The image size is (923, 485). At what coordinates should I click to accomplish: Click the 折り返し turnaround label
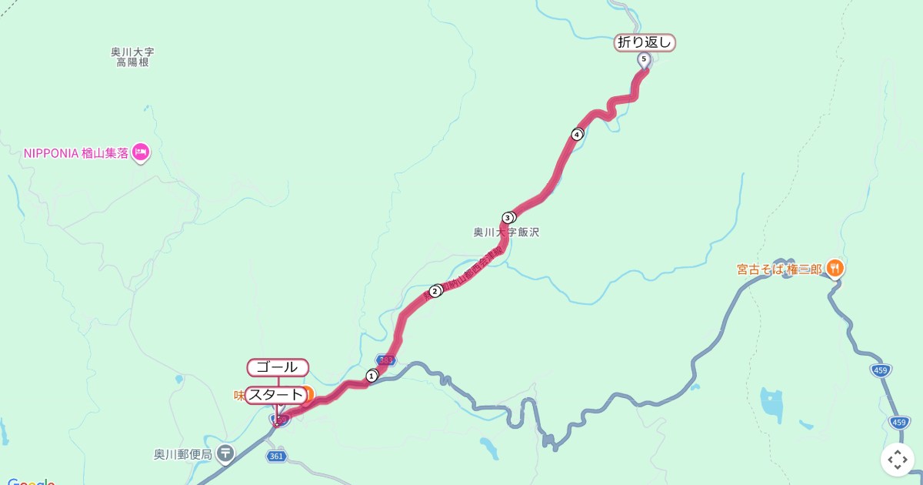645,43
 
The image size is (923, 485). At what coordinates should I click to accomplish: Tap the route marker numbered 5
644,59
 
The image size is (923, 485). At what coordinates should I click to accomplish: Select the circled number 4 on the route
577,135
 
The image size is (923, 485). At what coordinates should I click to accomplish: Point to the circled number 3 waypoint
508,218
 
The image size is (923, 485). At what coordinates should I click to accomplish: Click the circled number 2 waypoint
435,291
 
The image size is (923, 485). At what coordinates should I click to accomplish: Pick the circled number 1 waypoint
372,376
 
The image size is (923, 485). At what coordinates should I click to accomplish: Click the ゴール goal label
278,368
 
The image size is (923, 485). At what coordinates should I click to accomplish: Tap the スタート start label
276,395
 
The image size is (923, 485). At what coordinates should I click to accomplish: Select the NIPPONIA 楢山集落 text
76,153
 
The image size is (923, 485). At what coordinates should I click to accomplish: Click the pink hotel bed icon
140,152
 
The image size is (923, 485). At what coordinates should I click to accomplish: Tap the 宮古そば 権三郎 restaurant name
779,269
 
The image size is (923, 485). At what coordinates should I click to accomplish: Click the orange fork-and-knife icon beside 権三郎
835,268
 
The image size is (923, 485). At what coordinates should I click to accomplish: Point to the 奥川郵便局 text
182,454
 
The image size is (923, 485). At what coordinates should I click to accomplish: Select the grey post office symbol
225,453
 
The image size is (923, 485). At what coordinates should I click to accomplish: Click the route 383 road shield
386,360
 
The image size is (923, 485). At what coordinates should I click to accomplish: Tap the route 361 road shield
277,457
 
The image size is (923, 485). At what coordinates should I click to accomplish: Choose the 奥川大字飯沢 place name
505,232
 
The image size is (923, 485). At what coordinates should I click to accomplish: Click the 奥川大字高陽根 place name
132,57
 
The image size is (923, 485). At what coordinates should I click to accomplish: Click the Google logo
31,481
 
